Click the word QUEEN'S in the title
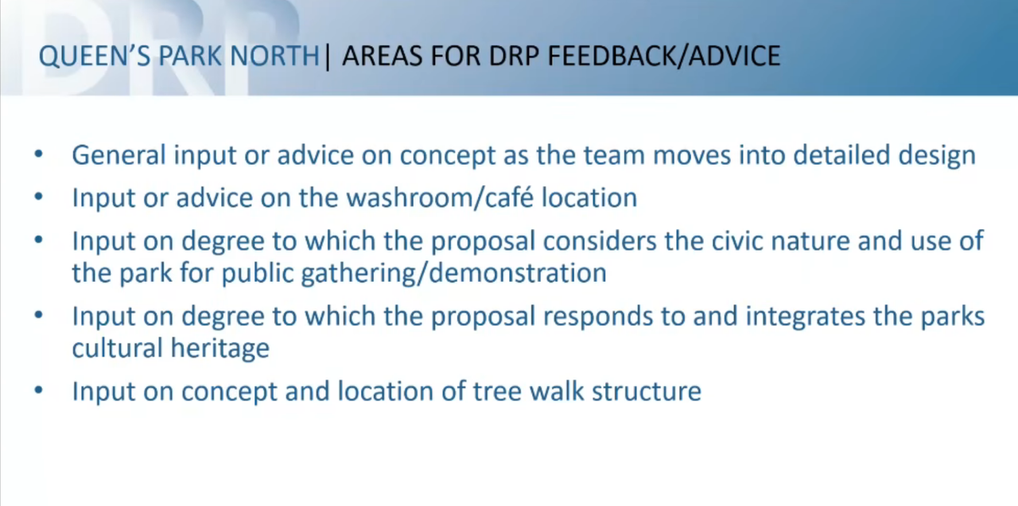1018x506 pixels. (95, 56)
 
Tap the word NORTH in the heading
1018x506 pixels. (275, 56)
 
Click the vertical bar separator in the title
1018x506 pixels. (327, 56)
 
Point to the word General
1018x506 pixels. (119, 155)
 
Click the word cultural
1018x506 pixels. (117, 348)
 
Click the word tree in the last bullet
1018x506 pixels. (498, 391)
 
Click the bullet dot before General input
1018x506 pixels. (39, 154)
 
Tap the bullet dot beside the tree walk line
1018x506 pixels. (39, 391)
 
